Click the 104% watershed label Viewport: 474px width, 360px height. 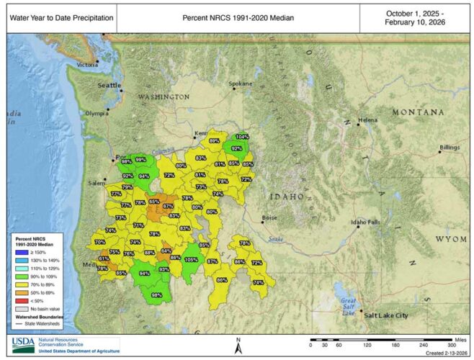pyautogui.click(x=243, y=137)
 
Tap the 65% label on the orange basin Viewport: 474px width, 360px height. pyautogui.click(x=154, y=202)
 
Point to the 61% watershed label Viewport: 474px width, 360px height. pyautogui.click(x=104, y=258)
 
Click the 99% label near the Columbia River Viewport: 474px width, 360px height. pyautogui.click(x=141, y=160)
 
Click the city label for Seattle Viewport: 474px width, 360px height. pyautogui.click(x=110, y=85)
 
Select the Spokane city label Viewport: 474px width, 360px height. pyautogui.click(x=241, y=84)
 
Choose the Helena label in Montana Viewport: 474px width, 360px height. pyautogui.click(x=367, y=120)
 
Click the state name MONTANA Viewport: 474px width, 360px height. pyautogui.click(x=418, y=112)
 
